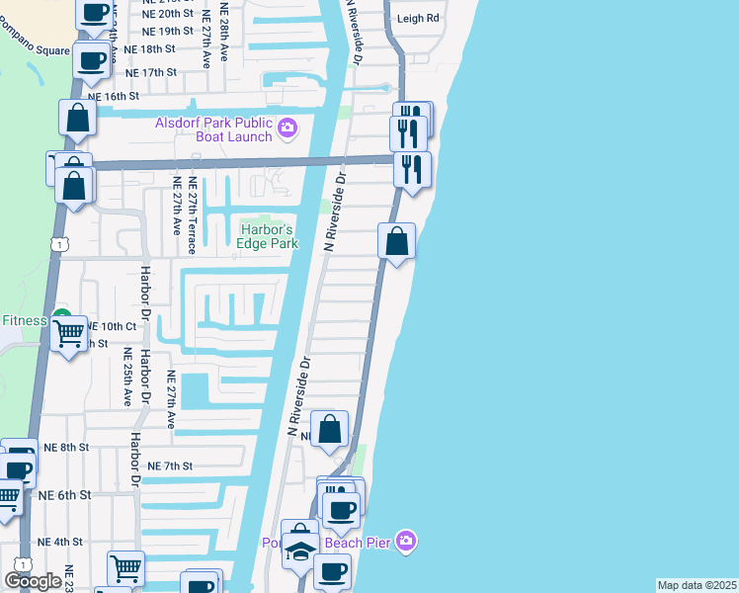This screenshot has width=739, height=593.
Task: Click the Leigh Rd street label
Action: click(x=417, y=19)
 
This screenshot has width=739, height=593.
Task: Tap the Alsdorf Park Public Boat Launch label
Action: click(x=212, y=129)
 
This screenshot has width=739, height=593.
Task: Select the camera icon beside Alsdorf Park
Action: click(x=287, y=126)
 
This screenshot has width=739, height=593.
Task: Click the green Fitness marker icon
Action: click(x=62, y=319)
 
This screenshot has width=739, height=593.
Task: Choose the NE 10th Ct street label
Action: click(x=110, y=326)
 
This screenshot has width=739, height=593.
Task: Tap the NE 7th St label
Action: click(x=169, y=466)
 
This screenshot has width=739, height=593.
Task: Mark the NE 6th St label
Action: click(x=65, y=494)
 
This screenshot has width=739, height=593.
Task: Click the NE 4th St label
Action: click(x=60, y=542)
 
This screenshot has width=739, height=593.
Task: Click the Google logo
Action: click(x=33, y=580)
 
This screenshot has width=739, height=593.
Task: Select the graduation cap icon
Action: click(x=298, y=549)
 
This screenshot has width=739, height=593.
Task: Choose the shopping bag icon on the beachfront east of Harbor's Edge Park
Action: click(x=396, y=240)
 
